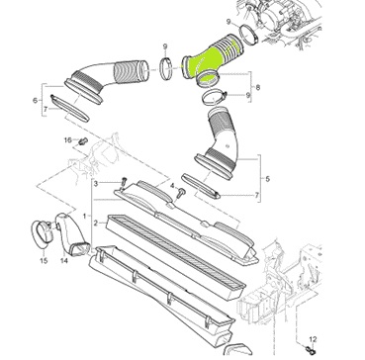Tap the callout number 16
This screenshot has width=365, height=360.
68,140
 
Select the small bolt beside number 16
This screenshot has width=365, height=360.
82,141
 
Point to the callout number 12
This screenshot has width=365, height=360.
313,339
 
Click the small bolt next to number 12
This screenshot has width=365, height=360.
310,348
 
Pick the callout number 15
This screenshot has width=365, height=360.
44,261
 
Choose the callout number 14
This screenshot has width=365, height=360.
64,260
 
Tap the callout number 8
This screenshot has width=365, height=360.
257,88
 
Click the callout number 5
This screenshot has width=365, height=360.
267,179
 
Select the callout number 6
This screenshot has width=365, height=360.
35,101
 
